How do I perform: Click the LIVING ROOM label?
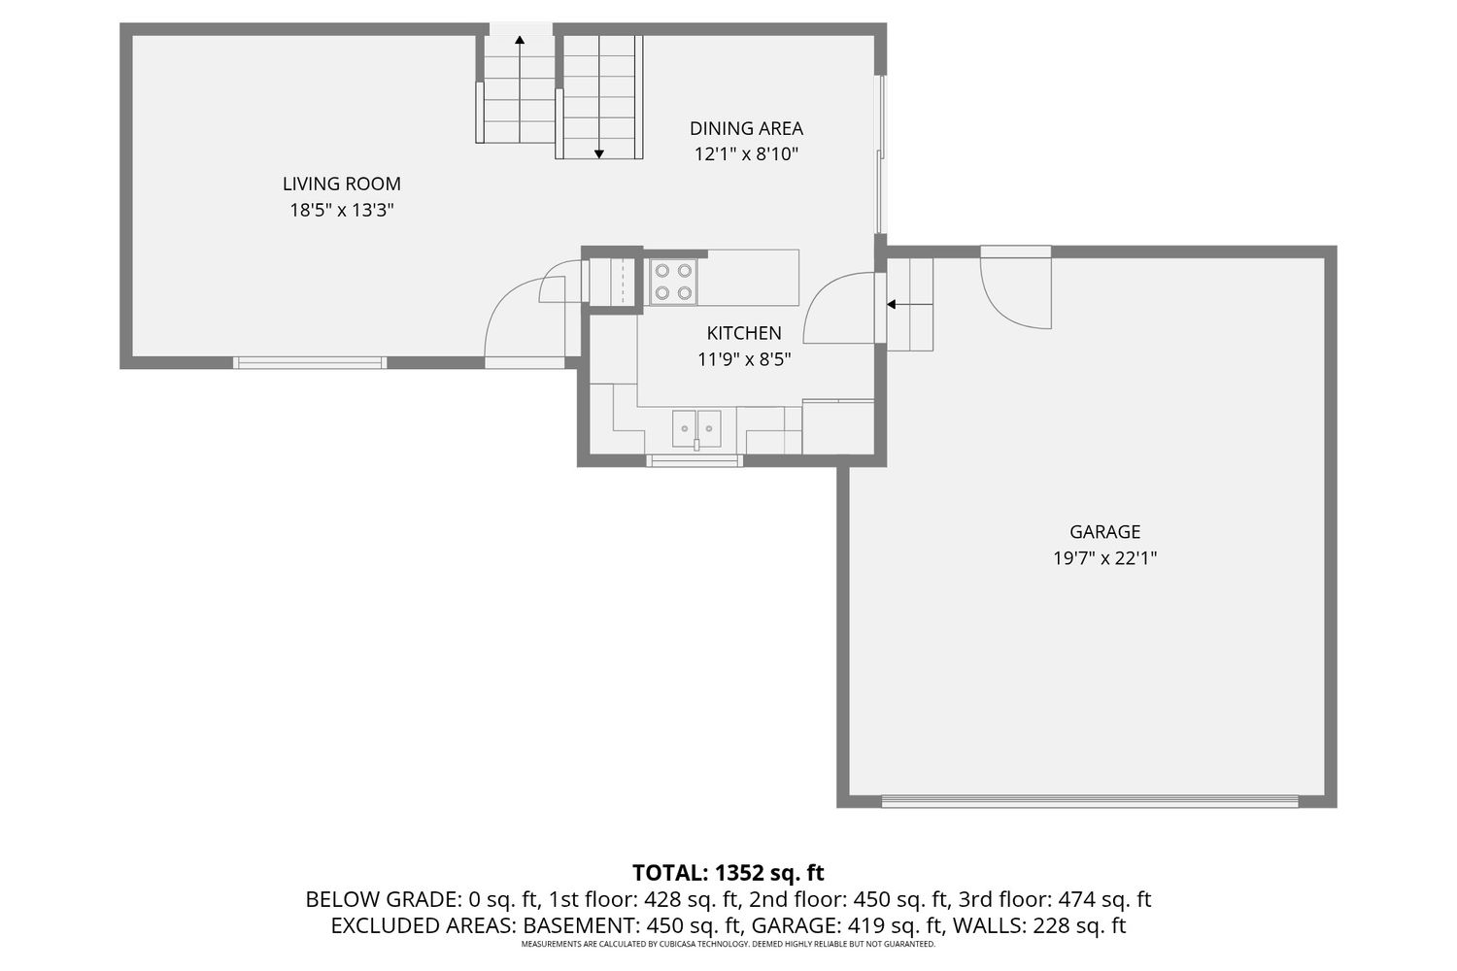[x=342, y=184]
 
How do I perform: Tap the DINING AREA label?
[x=746, y=129]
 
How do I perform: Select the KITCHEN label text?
[x=744, y=333]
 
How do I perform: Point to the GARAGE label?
[x=1105, y=532]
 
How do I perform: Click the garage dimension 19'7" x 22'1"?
[x=1105, y=558]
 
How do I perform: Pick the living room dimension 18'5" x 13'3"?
[x=342, y=210]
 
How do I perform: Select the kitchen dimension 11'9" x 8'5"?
[x=744, y=359]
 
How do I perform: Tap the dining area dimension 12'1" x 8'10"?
[x=746, y=154]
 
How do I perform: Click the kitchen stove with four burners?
[x=673, y=282]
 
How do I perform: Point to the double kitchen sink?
[x=696, y=428]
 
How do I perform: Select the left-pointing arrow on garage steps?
[x=910, y=304]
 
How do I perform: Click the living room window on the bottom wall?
[x=310, y=363]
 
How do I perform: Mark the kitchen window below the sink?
[x=695, y=460]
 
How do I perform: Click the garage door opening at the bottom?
[x=1090, y=801]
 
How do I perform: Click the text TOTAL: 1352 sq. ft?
[x=728, y=873]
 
